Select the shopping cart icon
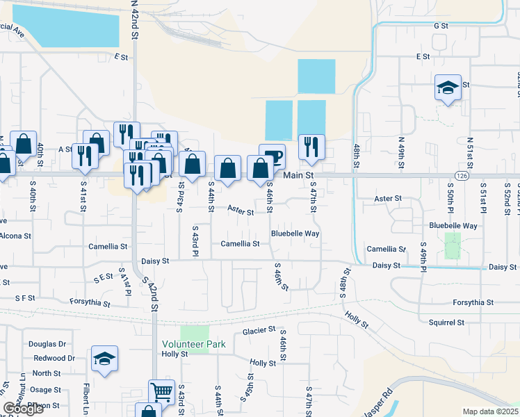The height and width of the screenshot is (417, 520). [x=161, y=391]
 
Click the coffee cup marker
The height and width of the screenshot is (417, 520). [x=272, y=156]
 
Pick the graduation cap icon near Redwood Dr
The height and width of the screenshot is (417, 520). [x=104, y=359]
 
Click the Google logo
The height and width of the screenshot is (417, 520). [x=24, y=409]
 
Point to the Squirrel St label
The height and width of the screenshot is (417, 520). [x=448, y=322]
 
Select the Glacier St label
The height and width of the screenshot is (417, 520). [x=259, y=330]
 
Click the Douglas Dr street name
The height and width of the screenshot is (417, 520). [x=47, y=344]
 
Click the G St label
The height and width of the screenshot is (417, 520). [x=441, y=26]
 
